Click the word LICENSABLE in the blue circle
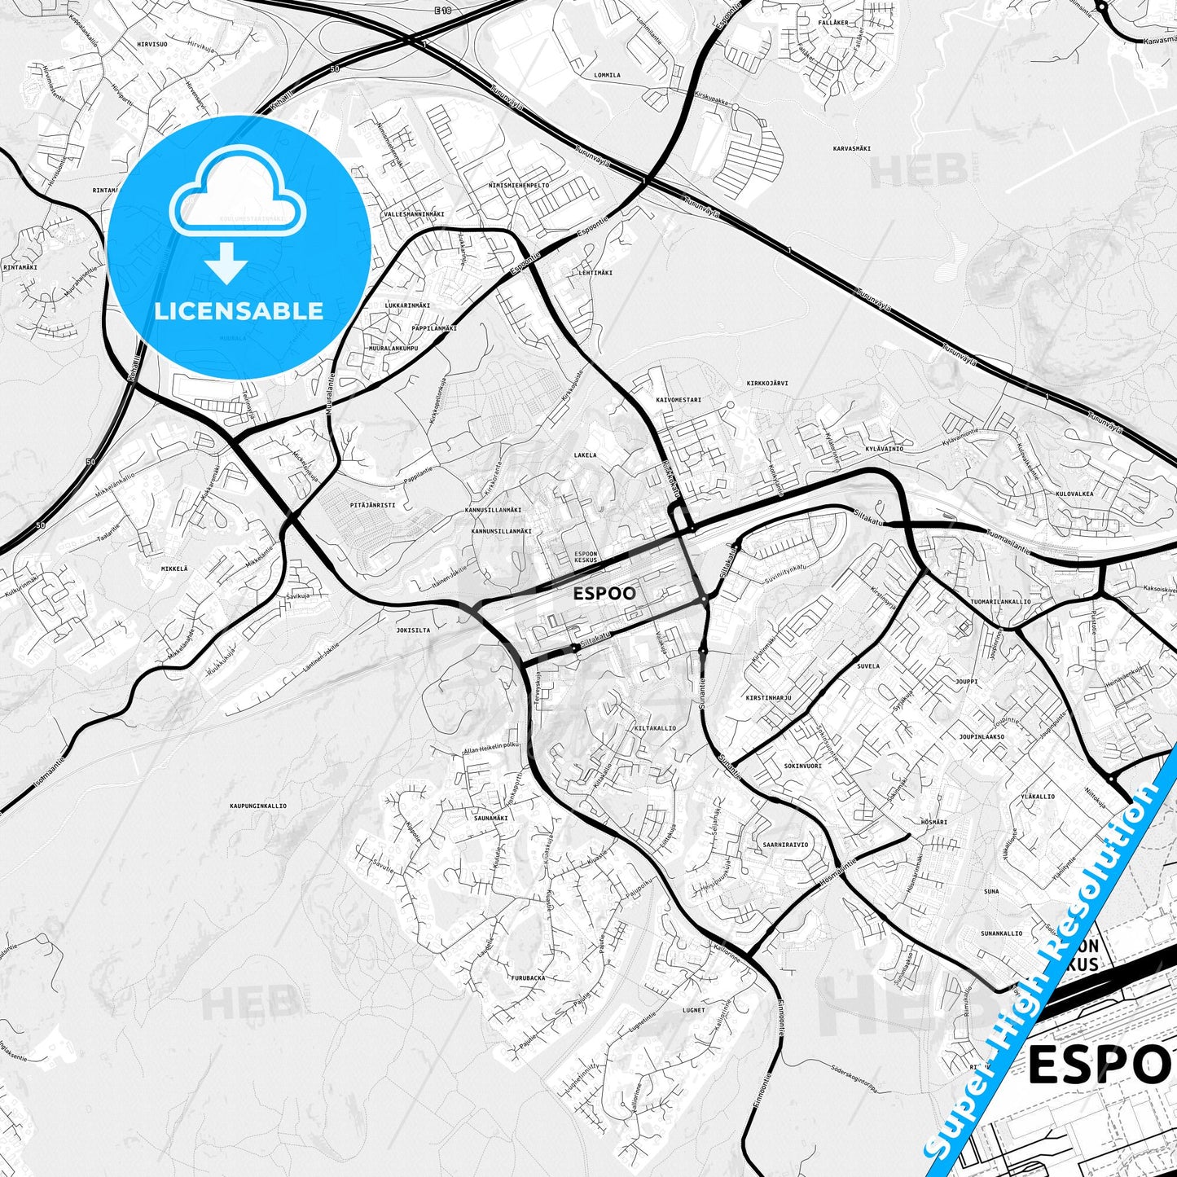coord(239,311)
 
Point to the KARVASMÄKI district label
coord(852,149)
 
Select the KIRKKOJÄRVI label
coord(767,383)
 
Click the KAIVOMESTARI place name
coord(678,400)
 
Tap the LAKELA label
coord(585,455)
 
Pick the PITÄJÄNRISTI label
coord(372,505)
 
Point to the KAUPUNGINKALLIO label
coord(258,806)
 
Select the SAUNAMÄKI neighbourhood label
coord(491,818)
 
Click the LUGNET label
coord(694,1010)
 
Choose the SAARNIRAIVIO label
coord(785,845)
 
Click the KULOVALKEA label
coord(1074,494)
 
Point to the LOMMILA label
coord(607,75)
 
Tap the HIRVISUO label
coord(152,44)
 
